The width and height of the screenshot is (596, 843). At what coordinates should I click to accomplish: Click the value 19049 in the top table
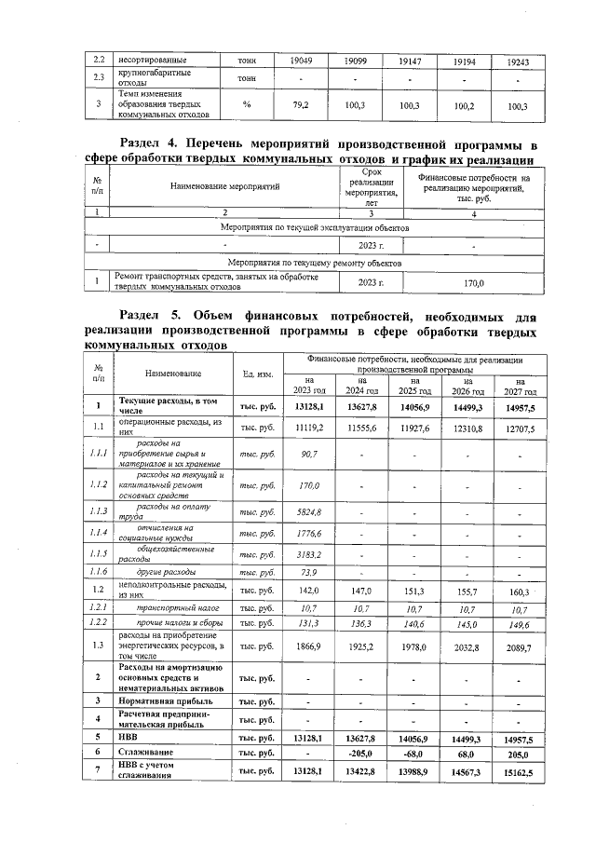pos(301,61)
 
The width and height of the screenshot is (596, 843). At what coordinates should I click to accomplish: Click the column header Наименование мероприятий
pos(225,187)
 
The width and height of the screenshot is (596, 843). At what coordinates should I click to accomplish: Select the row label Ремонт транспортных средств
pos(217,280)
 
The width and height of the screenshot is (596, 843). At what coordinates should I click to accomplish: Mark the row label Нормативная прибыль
pos(165,700)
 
